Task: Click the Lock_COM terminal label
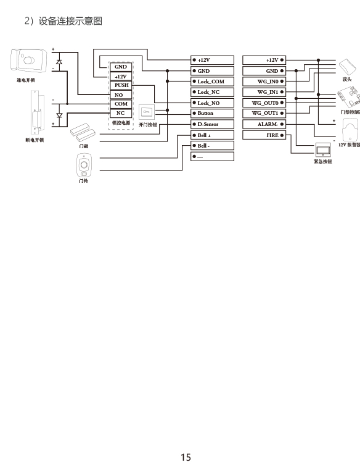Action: click(211, 82)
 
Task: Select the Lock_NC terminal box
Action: click(212, 92)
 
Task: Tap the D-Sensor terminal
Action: click(212, 124)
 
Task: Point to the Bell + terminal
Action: click(212, 135)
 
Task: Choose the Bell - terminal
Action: click(212, 146)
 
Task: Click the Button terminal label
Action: click(205, 113)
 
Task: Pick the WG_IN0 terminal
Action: click(264, 82)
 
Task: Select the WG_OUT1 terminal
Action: click(264, 113)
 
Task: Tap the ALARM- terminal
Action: click(264, 124)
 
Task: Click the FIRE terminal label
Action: click(272, 135)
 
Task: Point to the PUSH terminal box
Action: click(121, 85)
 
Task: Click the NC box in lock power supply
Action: click(121, 113)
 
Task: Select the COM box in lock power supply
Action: click(121, 104)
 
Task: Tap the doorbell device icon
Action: click(84, 165)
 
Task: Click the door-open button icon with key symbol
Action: click(147, 112)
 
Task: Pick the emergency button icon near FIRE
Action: click(323, 150)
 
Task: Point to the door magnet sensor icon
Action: click(83, 133)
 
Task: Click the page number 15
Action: click(186, 457)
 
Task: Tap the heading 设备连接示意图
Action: click(70, 21)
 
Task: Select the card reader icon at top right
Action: click(348, 67)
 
